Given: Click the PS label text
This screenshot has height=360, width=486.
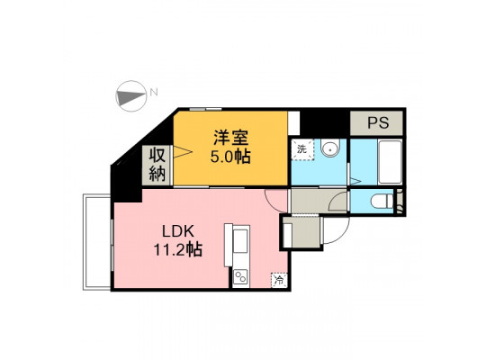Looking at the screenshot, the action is coord(378,122).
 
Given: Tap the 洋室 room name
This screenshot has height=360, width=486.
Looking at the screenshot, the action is coord(231,138).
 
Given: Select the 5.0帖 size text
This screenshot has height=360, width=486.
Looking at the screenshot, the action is coord(230,157).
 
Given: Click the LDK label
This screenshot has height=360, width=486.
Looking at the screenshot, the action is coord(178,231).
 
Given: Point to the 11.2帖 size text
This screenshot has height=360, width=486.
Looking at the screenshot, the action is coord(178,250).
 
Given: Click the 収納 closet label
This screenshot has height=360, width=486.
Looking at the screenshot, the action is coord(157,165).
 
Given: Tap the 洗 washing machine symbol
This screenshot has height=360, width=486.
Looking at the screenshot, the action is coord(302,149).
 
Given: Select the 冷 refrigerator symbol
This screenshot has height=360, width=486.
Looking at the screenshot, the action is coord(279,280).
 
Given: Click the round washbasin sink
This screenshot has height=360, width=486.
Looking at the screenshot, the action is coord(330,148).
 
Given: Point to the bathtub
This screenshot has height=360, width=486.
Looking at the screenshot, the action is coord(390,162).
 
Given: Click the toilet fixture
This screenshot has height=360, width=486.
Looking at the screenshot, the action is coord(382,202).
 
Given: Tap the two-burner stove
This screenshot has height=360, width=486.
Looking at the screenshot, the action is coord(241,277).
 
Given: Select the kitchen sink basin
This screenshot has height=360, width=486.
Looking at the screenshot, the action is coord(240,241).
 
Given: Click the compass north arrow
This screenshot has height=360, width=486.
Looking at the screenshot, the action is coord(131,96).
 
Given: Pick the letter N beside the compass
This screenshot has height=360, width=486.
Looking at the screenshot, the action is coord(154,92).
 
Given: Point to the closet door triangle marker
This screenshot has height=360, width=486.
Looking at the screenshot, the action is coord(183,151).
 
